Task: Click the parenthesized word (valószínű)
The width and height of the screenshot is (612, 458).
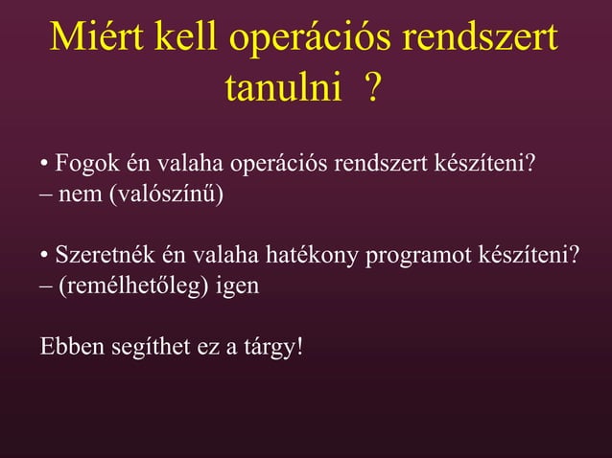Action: [165, 196]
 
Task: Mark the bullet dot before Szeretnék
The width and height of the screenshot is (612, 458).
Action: [45, 257]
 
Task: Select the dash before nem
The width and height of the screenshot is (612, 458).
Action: [45, 196]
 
